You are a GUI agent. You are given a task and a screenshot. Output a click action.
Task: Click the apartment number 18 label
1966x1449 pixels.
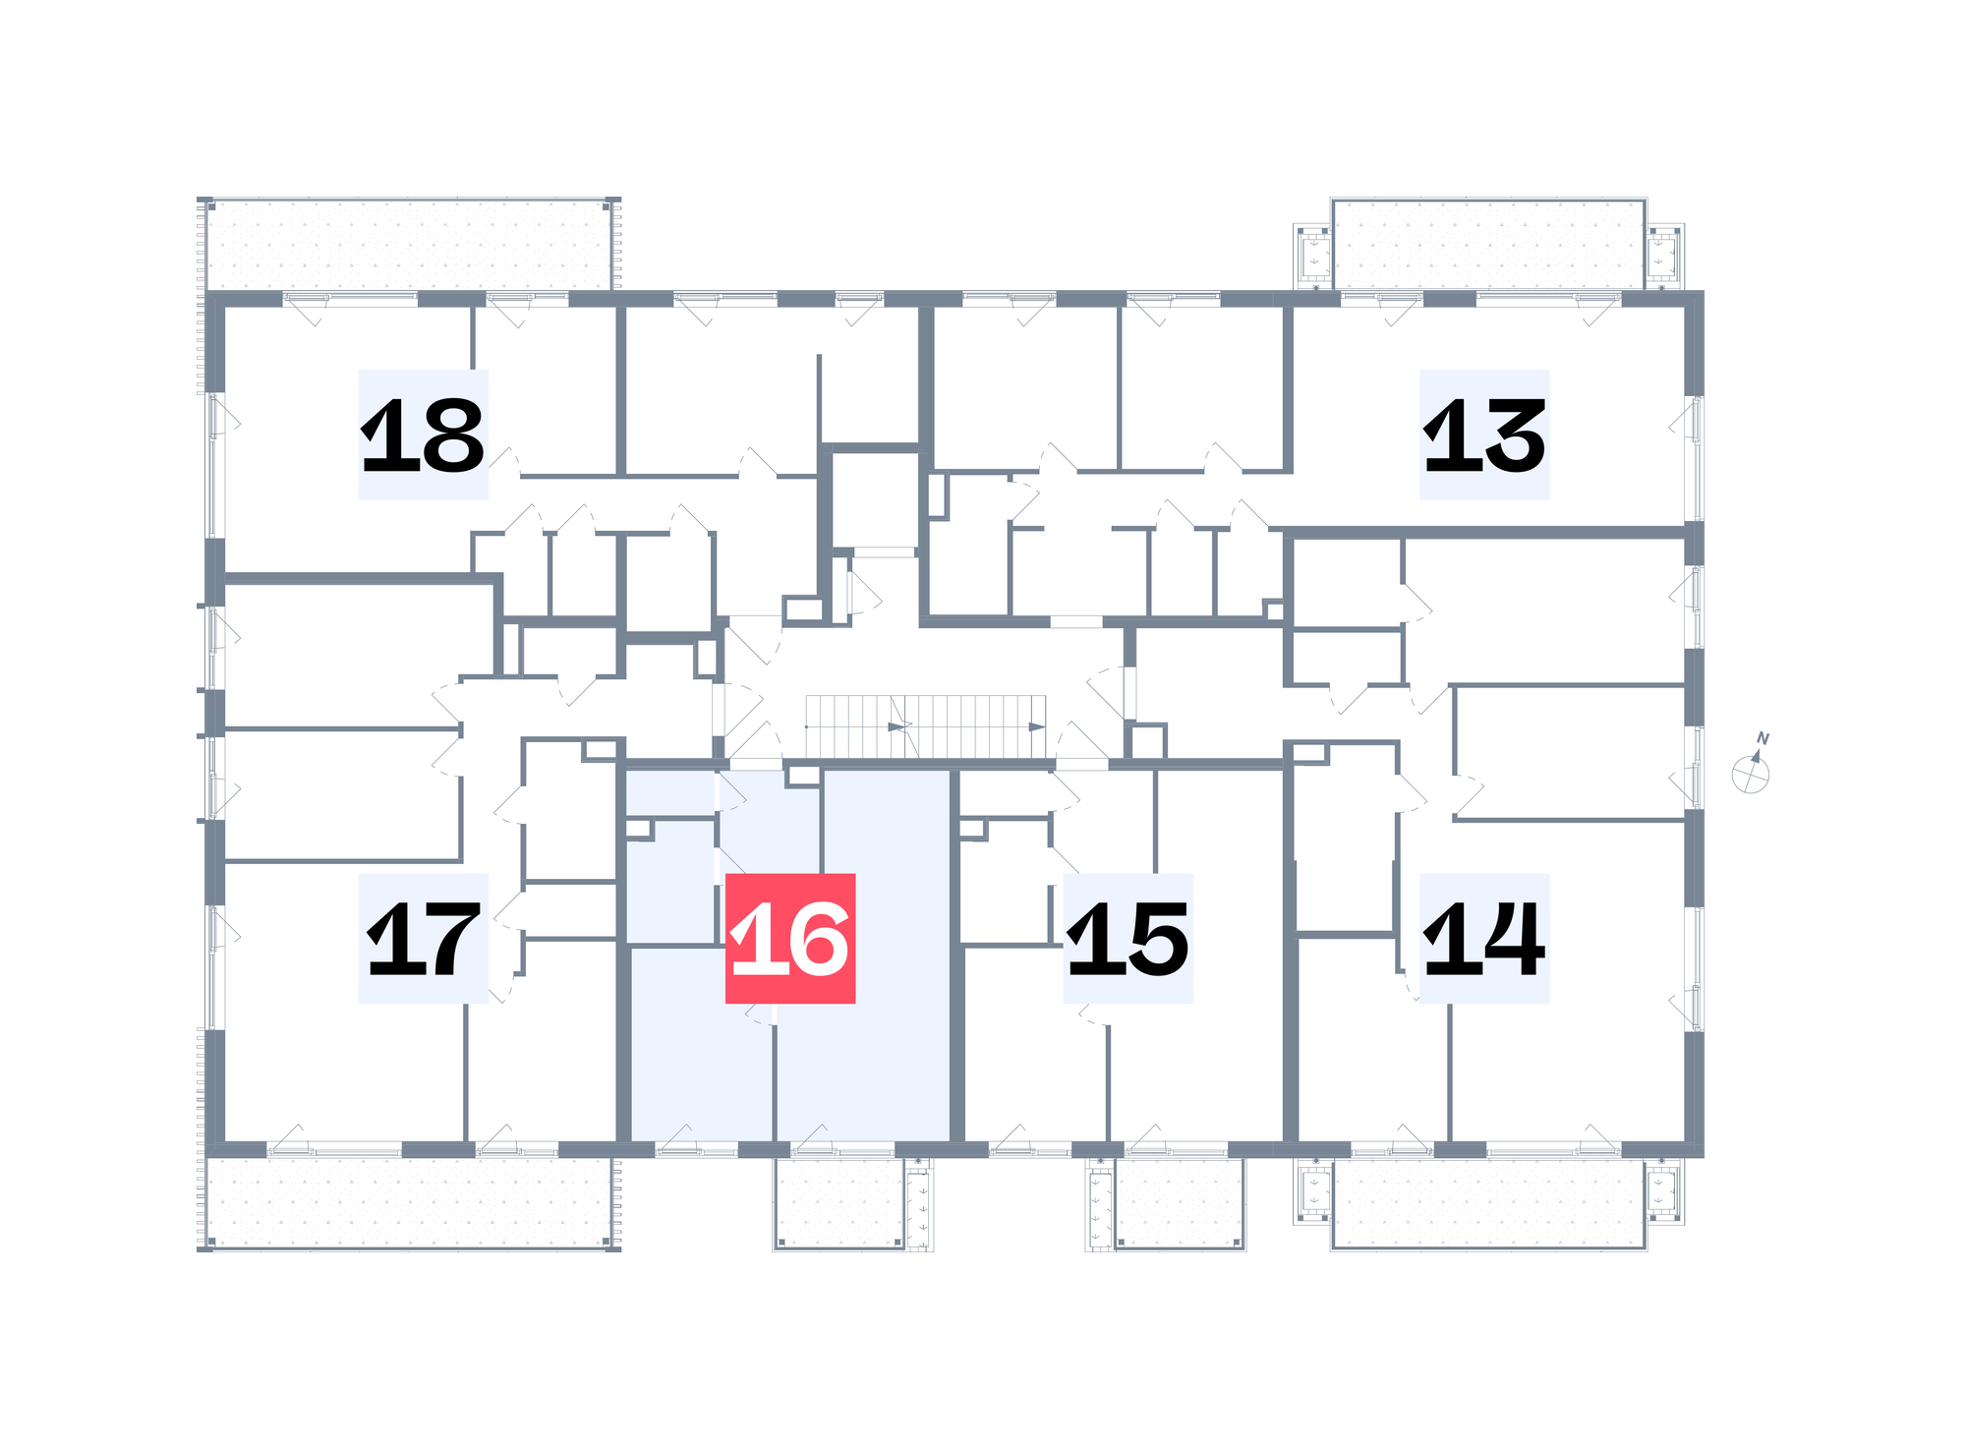tap(423, 435)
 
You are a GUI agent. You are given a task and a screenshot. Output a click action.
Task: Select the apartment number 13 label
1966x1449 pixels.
tap(1484, 435)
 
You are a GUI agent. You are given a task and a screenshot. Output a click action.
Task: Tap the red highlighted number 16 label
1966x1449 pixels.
tap(790, 939)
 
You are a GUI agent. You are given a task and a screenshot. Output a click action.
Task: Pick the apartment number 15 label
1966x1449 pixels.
tap(1128, 939)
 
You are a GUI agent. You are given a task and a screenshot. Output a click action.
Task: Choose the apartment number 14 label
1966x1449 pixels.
tap(1484, 939)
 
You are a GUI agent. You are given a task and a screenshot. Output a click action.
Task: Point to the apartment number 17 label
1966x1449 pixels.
tap(423, 939)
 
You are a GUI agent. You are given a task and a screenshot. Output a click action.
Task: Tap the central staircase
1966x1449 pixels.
tap(926, 726)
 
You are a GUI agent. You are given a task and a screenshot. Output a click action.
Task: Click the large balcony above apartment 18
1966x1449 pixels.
tap(409, 245)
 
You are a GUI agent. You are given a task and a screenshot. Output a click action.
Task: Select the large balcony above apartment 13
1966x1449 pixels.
tap(1489, 245)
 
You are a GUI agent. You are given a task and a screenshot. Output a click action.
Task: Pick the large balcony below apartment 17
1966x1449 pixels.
tap(409, 1203)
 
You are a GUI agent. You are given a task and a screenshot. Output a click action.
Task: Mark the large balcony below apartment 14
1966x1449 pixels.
tap(1489, 1203)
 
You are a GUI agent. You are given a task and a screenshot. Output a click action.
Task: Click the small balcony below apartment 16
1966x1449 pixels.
tap(839, 1203)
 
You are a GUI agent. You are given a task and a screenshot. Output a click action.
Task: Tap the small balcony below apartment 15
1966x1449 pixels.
tap(1180, 1203)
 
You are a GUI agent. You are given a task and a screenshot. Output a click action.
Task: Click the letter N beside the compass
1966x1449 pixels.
tap(1763, 738)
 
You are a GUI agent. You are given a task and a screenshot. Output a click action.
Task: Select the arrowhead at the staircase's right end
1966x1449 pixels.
tap(1037, 727)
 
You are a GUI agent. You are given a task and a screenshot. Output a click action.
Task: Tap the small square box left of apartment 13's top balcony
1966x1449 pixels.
tap(1312, 256)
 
